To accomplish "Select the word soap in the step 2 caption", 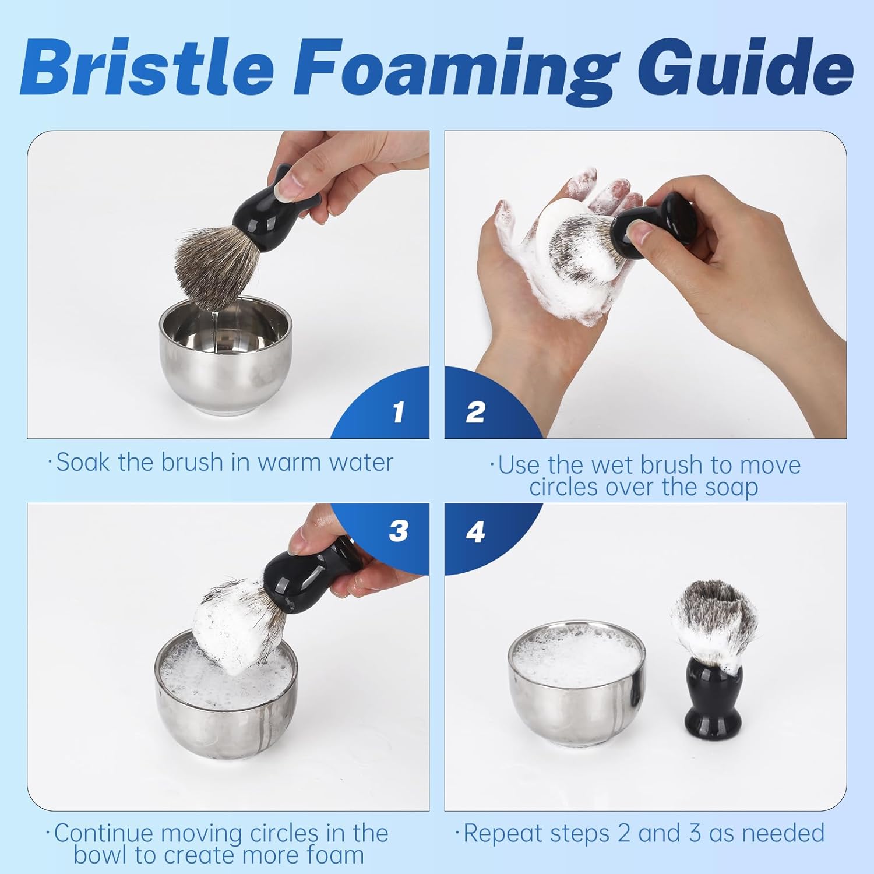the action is (731, 488).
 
